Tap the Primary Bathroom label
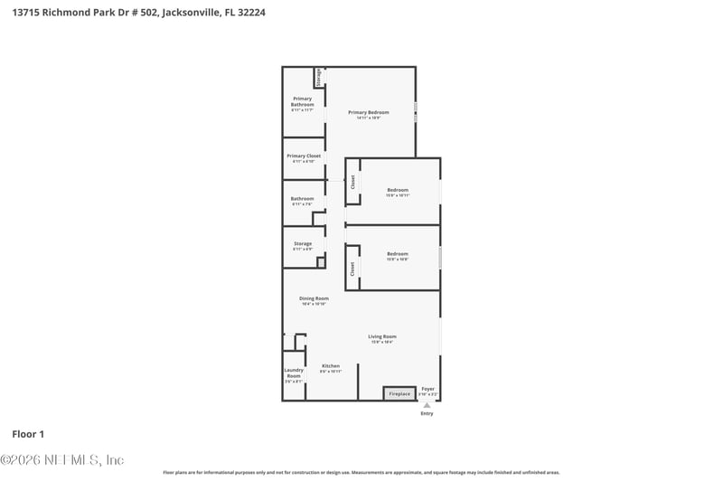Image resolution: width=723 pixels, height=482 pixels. click(302, 101)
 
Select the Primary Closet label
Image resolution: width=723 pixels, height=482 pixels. click(304, 156)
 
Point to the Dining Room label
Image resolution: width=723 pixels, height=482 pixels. click(314, 298)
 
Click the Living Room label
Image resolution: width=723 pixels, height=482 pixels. click(382, 336)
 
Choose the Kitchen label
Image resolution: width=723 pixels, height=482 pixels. click(331, 366)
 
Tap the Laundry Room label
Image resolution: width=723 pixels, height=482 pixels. click(294, 373)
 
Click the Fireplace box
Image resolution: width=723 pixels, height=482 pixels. click(399, 393)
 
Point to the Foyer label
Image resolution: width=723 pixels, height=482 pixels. click(428, 389)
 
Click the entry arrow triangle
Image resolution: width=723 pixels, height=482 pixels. click(427, 405)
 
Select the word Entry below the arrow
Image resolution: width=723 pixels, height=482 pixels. click(427, 414)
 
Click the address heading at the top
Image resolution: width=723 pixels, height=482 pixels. click(139, 12)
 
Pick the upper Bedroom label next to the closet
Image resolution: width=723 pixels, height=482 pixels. click(398, 190)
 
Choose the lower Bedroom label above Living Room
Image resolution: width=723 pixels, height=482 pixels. click(398, 254)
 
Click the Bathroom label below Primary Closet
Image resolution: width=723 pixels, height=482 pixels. click(302, 199)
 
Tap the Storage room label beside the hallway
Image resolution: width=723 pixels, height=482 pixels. click(302, 244)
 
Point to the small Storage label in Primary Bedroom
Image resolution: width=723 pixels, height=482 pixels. click(319, 77)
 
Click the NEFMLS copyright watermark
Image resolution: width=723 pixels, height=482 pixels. click(61, 460)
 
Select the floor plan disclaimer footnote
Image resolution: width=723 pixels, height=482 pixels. click(361, 472)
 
